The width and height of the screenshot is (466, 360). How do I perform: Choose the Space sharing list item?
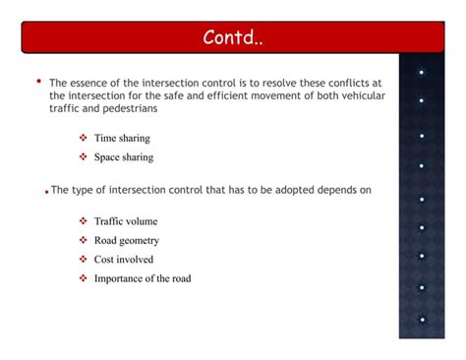(x=123, y=156)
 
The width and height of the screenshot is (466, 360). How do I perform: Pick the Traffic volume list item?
(x=125, y=221)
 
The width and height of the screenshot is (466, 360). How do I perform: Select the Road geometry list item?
(x=126, y=240)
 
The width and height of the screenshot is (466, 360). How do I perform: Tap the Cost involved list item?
(x=123, y=259)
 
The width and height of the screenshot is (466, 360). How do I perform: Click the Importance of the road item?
(x=142, y=278)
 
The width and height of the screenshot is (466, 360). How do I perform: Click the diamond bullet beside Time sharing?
(x=84, y=139)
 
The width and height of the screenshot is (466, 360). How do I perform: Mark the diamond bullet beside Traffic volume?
(x=84, y=221)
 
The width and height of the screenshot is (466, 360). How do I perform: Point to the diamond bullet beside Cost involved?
(x=84, y=259)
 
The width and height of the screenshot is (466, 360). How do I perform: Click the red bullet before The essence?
(x=38, y=82)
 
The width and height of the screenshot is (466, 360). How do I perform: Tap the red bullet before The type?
(x=46, y=193)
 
